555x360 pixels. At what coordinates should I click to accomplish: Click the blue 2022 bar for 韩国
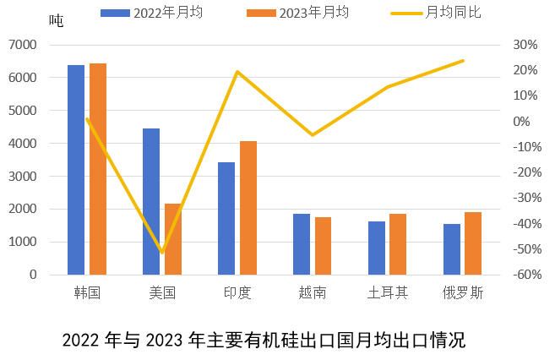76,170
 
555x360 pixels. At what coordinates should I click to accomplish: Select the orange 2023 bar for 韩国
98,169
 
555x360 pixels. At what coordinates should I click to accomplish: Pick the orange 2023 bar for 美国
173,239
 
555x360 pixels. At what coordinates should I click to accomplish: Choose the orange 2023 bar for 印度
248,208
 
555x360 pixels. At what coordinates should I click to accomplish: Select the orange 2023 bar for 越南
323,246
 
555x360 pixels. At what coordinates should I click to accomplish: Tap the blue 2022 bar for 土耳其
377,248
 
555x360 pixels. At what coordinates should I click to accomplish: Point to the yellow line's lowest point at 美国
162,252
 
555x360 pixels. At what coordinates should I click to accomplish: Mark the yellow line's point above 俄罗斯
463,61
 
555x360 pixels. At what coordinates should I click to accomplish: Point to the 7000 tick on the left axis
22,44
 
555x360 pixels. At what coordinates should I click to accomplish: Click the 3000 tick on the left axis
22,176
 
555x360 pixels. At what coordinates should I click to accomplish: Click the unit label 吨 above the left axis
57,20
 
